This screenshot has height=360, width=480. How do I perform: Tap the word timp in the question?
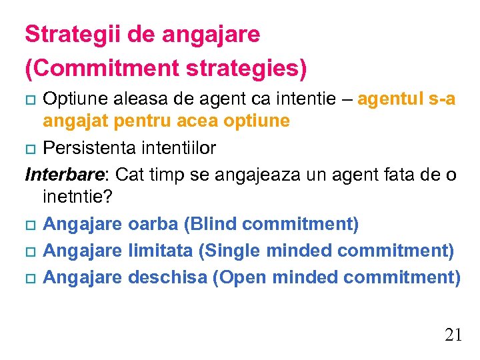(175, 175)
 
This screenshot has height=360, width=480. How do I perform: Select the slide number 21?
(453, 335)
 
